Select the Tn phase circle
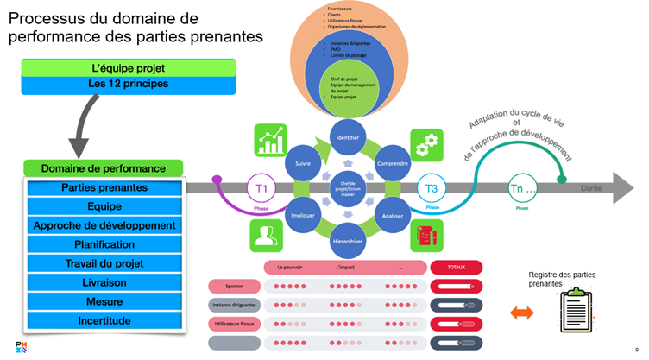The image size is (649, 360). [x=521, y=188]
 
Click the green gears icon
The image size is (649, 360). [x=425, y=143]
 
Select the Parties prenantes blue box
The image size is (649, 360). [x=104, y=187]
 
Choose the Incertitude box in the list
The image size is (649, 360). [x=104, y=320]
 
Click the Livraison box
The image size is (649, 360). [x=104, y=282]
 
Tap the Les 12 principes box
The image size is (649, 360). [x=128, y=85]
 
